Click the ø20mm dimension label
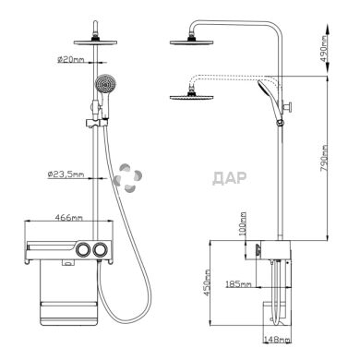point(71,59)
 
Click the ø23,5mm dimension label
point(66,174)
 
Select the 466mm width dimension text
point(68,217)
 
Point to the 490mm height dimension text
point(324,49)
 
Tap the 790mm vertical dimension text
point(324,159)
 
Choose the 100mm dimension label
point(243,223)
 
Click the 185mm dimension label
point(238,283)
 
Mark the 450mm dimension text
point(207,282)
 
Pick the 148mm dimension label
point(277,340)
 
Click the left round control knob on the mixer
point(83,250)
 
